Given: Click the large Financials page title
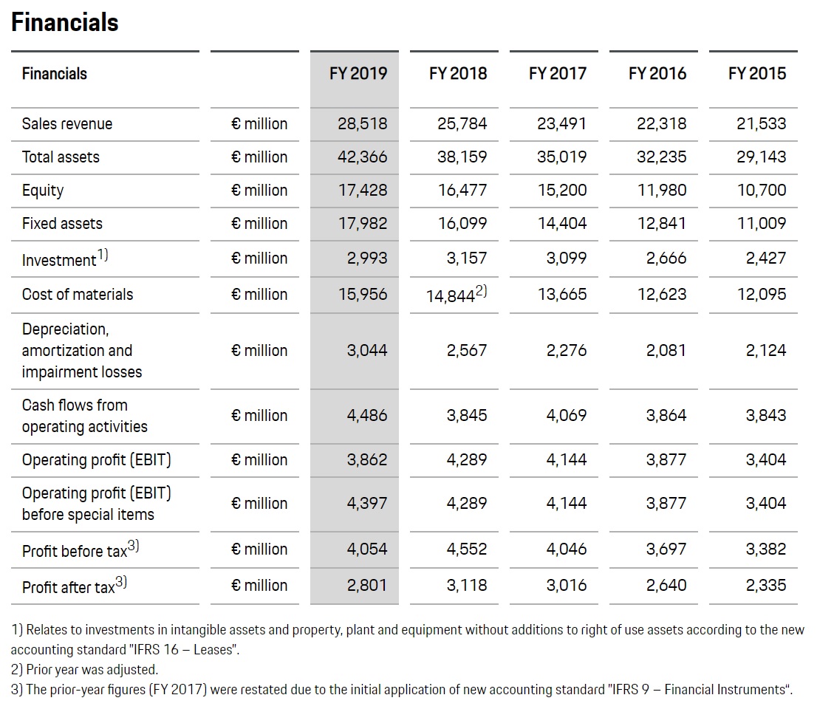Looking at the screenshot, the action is pyautogui.click(x=64, y=22).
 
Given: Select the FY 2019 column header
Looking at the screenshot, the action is pyautogui.click(x=358, y=73).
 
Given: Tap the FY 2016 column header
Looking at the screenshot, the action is pyautogui.click(x=657, y=73).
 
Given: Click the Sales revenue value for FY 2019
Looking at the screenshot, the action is pyautogui.click(x=362, y=123).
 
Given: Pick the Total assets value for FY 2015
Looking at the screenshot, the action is pyautogui.click(x=762, y=157).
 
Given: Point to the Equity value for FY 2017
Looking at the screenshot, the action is pyautogui.click(x=562, y=190).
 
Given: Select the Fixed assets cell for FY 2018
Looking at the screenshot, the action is pyautogui.click(x=462, y=224).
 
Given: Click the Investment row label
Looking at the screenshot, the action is pyautogui.click(x=64, y=258).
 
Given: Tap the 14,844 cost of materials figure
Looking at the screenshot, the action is pyautogui.click(x=457, y=295).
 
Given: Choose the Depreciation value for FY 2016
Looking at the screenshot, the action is pyautogui.click(x=666, y=351).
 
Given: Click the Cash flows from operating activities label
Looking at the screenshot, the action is pyautogui.click(x=84, y=416).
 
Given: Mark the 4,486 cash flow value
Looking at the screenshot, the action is pyautogui.click(x=367, y=415).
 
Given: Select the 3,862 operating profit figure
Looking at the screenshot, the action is pyautogui.click(x=367, y=459).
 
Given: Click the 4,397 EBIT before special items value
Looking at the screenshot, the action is pyautogui.click(x=367, y=503).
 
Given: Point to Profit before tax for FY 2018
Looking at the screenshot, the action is pyautogui.click(x=466, y=549).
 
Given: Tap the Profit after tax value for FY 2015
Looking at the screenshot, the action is pyautogui.click(x=765, y=586).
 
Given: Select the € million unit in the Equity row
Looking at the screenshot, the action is pyautogui.click(x=259, y=190).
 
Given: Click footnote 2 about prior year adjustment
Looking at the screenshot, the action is pyautogui.click(x=84, y=669).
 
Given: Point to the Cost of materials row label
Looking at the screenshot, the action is pyautogui.click(x=77, y=295).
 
